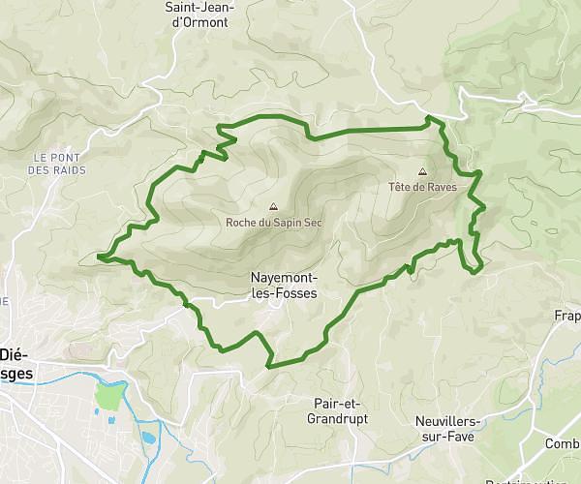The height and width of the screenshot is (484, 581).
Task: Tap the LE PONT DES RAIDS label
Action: [58, 163]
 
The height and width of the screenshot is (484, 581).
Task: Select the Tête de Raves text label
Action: [421, 187]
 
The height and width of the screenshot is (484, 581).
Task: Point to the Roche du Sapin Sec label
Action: [272, 222]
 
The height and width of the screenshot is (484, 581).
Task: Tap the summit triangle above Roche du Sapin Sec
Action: [272, 206]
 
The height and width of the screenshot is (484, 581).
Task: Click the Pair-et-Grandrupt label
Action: [339, 410]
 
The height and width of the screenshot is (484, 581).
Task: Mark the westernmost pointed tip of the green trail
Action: [99, 257]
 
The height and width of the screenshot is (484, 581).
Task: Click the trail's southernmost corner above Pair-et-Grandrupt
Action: [269, 366]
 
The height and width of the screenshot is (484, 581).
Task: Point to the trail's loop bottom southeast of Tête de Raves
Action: [473, 272]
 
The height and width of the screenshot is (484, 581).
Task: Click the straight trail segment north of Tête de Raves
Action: [368, 130]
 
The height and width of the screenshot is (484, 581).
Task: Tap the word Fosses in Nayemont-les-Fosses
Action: [293, 292]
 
